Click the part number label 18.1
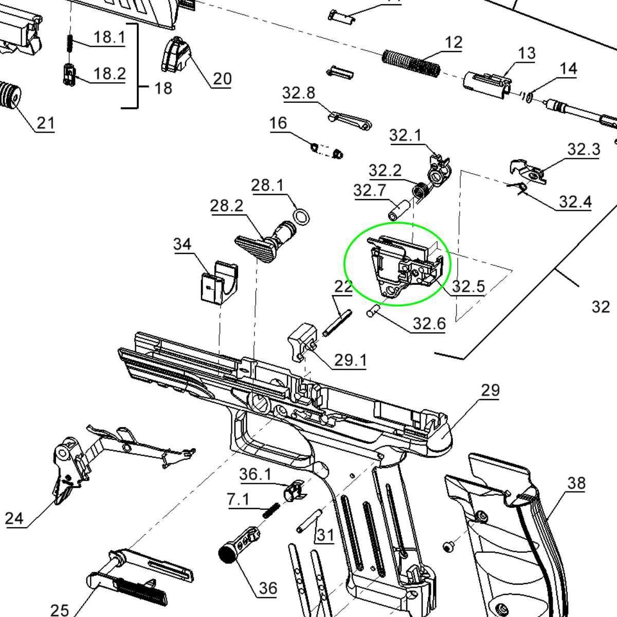[110, 37]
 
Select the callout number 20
[222, 79]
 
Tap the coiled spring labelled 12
[411, 63]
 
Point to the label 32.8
[299, 93]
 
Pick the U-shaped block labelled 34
[220, 282]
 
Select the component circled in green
[406, 266]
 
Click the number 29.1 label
[350, 360]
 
